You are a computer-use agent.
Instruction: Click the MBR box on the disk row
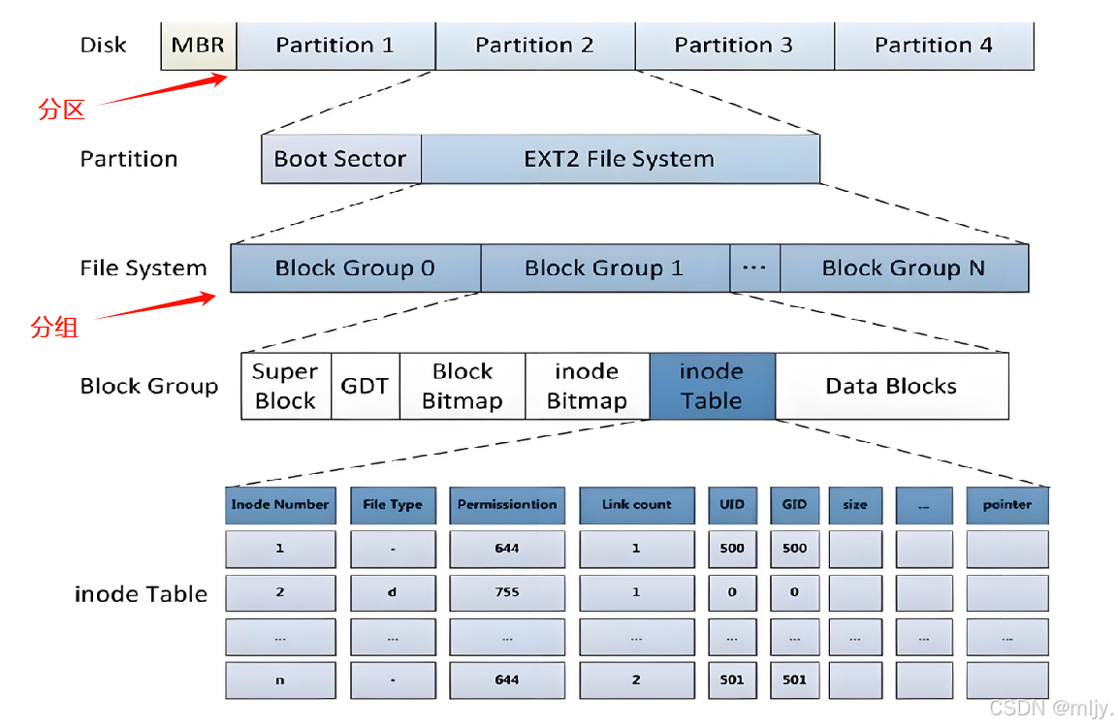[198, 46]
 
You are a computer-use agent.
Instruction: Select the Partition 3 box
[734, 46]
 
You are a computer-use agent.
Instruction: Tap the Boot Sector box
[340, 159]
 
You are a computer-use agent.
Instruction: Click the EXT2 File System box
[620, 159]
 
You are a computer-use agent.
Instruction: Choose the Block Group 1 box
[605, 268]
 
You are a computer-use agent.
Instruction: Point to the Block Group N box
[904, 268]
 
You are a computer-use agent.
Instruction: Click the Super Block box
[286, 386]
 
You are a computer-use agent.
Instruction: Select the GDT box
[365, 386]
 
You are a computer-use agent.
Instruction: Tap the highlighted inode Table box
[712, 386]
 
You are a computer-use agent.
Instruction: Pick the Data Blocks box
[891, 386]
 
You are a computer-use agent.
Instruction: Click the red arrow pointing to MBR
[163, 90]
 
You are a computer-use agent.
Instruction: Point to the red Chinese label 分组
[54, 328]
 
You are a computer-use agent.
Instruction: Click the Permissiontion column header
[507, 505]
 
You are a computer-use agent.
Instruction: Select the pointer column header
[1006, 505]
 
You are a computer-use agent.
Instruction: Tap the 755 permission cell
[507, 592]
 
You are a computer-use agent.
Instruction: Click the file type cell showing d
[393, 592]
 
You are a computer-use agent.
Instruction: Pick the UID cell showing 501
[732, 680]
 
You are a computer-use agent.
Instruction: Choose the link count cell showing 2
[637, 680]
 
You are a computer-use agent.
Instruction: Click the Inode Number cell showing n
[280, 680]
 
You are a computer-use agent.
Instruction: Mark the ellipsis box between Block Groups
[754, 268]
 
